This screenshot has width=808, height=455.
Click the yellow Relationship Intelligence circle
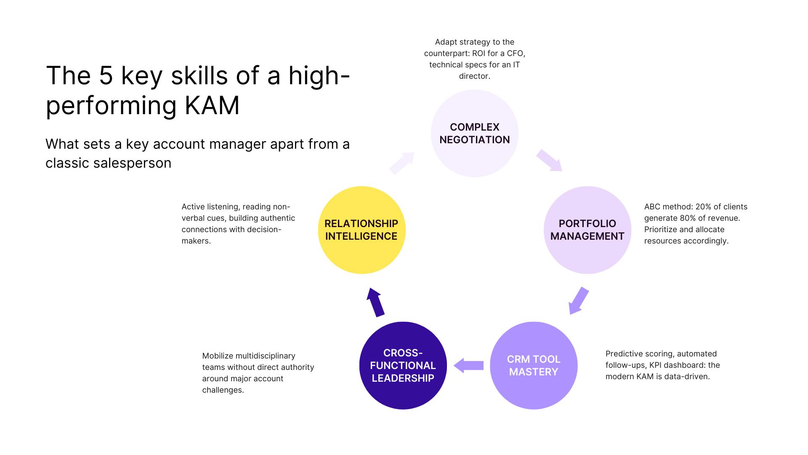click(361, 230)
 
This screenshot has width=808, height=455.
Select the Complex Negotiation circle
click(474, 133)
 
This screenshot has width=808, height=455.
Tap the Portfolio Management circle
click(587, 230)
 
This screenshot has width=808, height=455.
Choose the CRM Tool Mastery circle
click(533, 365)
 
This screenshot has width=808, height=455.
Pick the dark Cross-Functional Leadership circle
click(403, 365)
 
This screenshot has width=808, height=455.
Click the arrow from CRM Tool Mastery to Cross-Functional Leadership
click(468, 365)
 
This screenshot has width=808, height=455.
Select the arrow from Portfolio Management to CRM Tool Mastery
click(578, 301)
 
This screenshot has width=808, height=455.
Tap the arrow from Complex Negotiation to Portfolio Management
click(549, 161)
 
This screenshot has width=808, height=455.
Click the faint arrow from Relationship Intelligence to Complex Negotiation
click(402, 163)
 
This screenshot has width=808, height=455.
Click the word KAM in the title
click(212, 105)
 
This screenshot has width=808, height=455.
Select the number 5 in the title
click(106, 76)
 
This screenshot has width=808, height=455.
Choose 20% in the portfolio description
click(704, 207)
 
